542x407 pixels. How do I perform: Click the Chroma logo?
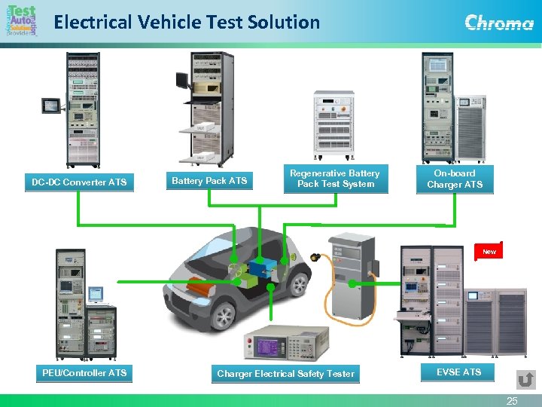pos(499,23)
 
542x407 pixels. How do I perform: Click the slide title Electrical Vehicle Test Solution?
pos(187,22)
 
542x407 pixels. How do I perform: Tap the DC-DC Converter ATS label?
pos(79,182)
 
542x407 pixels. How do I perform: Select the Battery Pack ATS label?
pos(209,181)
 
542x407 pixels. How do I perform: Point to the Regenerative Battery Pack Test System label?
pos(336,179)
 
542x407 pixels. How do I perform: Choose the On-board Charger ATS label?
pos(455,179)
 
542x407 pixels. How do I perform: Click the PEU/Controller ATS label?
pos(84,373)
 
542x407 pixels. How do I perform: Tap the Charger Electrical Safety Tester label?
pos(285,374)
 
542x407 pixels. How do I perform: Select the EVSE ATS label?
pos(458,372)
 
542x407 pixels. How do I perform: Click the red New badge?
pos(489,252)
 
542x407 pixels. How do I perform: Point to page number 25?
pos(512,401)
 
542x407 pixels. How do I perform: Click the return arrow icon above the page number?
pos(526,378)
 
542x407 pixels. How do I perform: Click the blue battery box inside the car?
pos(262,268)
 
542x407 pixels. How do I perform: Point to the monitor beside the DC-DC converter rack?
pos(51,106)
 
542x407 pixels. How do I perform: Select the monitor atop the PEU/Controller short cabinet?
pos(95,293)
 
